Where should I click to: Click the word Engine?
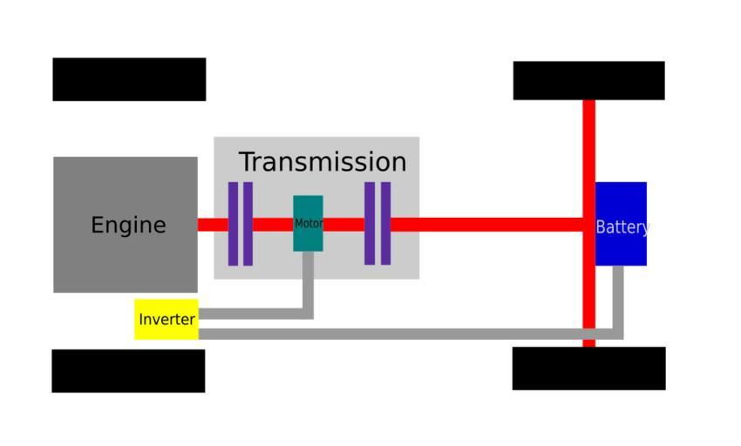(x=128, y=226)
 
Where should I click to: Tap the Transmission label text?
(x=323, y=162)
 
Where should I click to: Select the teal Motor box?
(x=308, y=224)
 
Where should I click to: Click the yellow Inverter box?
(x=167, y=320)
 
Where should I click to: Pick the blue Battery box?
(x=621, y=225)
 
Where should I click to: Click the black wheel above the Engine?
(x=129, y=79)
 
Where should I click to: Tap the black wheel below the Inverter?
(x=128, y=371)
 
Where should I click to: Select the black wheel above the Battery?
(x=588, y=81)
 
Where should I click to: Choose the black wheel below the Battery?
(x=588, y=368)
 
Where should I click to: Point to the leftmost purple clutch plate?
(x=233, y=224)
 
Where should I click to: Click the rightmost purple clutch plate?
(x=385, y=224)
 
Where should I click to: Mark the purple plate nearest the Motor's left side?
(x=248, y=224)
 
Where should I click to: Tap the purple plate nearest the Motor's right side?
(x=370, y=224)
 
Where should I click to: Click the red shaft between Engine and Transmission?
(x=206, y=225)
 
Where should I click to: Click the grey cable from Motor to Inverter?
(x=308, y=287)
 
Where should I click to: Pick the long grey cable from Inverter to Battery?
(x=392, y=334)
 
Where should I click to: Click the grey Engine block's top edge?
(x=126, y=159)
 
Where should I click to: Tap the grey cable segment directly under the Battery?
(x=618, y=296)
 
